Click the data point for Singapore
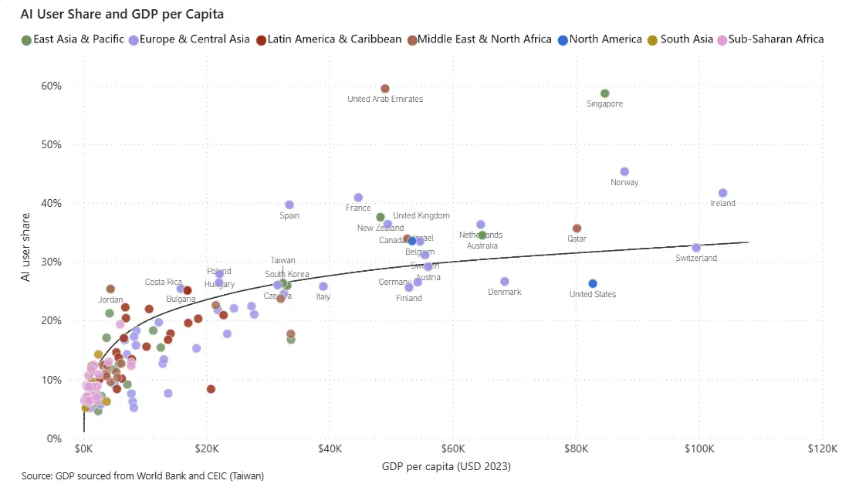click(605, 93)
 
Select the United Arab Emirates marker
click(385, 89)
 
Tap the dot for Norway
click(624, 171)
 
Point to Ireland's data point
click(723, 193)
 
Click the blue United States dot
click(593, 283)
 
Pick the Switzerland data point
click(696, 248)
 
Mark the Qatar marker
click(577, 228)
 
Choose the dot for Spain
click(289, 205)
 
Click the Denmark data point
click(505, 282)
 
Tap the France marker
click(358, 198)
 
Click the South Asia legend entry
click(685, 39)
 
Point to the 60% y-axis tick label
click(52, 86)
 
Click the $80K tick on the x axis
click(576, 449)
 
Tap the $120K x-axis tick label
click(822, 449)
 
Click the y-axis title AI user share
click(27, 247)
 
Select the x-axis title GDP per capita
click(446, 467)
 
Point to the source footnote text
click(143, 476)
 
